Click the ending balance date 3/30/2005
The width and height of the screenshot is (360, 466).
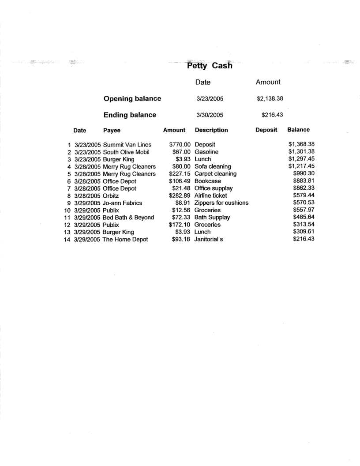(209, 115)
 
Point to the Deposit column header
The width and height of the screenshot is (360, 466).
(266, 130)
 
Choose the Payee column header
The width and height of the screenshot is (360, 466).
(112, 130)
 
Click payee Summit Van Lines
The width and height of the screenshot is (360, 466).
(127, 144)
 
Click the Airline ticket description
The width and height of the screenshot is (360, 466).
(210, 195)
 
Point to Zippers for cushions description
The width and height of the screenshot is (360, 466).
(221, 203)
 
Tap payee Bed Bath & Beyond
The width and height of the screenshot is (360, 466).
(128, 218)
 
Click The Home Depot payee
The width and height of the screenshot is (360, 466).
(125, 239)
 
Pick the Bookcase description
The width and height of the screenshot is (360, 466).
(208, 181)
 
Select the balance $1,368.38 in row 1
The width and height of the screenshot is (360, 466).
(300, 144)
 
